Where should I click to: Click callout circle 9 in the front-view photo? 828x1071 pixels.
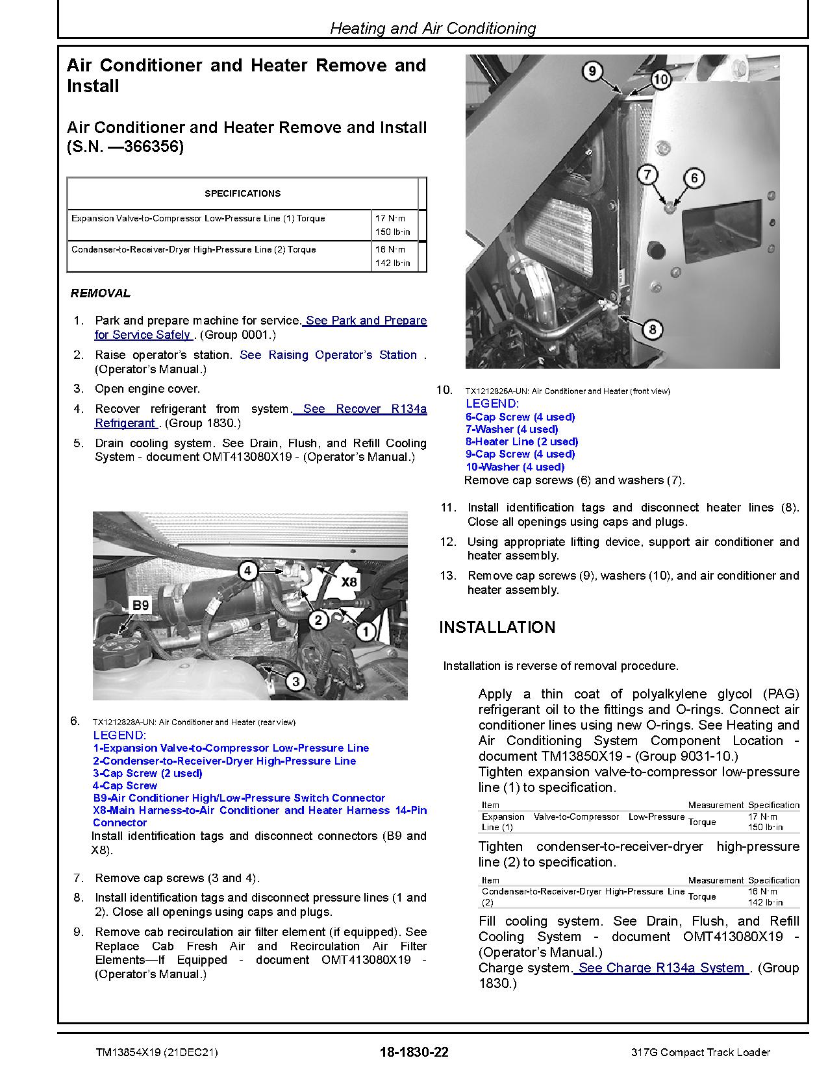592,70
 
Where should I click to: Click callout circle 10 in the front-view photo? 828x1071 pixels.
660,79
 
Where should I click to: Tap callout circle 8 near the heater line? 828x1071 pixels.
652,329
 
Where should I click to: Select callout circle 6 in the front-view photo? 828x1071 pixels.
694,178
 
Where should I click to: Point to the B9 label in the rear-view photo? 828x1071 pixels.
140,605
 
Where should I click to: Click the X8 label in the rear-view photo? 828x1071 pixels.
349,582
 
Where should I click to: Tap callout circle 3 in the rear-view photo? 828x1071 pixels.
295,681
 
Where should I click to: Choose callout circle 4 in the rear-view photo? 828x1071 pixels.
247,571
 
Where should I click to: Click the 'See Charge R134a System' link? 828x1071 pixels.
661,968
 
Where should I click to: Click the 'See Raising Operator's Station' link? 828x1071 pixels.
328,355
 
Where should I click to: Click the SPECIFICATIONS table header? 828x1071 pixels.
242,193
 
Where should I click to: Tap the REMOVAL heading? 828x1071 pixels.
101,293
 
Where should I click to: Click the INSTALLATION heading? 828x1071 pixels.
497,627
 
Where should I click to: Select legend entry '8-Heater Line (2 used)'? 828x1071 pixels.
521,441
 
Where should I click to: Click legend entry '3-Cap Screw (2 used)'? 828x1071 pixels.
147,773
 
